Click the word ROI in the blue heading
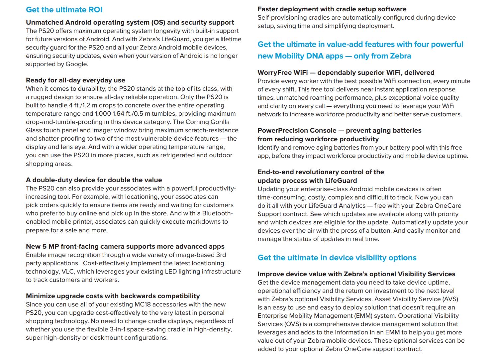click(x=95, y=10)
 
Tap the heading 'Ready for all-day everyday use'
click(x=75, y=80)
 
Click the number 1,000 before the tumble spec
click(x=103, y=114)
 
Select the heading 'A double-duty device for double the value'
click(x=94, y=180)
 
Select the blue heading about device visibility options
click(x=337, y=258)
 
